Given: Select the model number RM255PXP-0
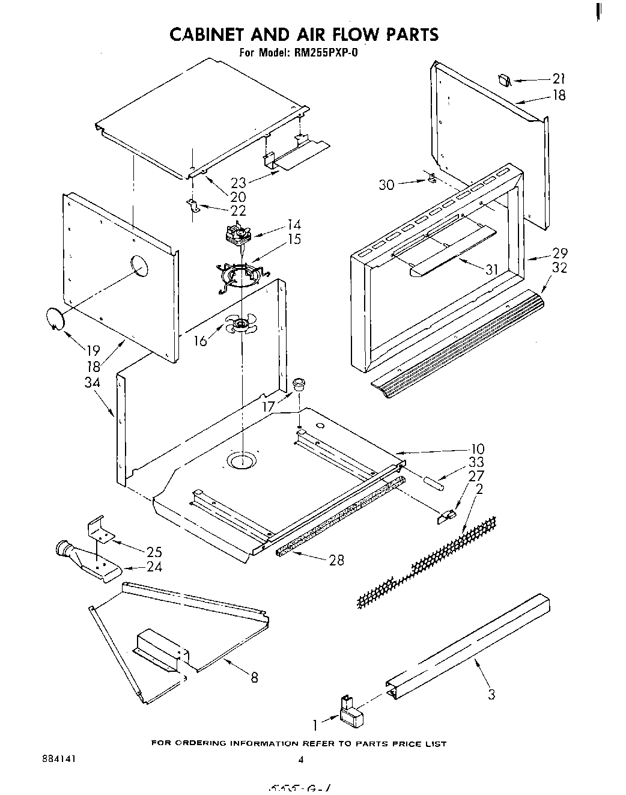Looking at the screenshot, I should [326, 52].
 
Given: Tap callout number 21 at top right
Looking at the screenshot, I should [559, 79].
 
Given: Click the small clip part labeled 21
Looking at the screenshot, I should [505, 79].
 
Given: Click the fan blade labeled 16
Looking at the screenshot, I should [241, 325].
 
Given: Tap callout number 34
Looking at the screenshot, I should [92, 382].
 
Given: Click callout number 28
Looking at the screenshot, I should [336, 559].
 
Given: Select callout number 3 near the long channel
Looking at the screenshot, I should [491, 695].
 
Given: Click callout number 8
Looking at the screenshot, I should [254, 677].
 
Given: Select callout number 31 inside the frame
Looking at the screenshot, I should [492, 270].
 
